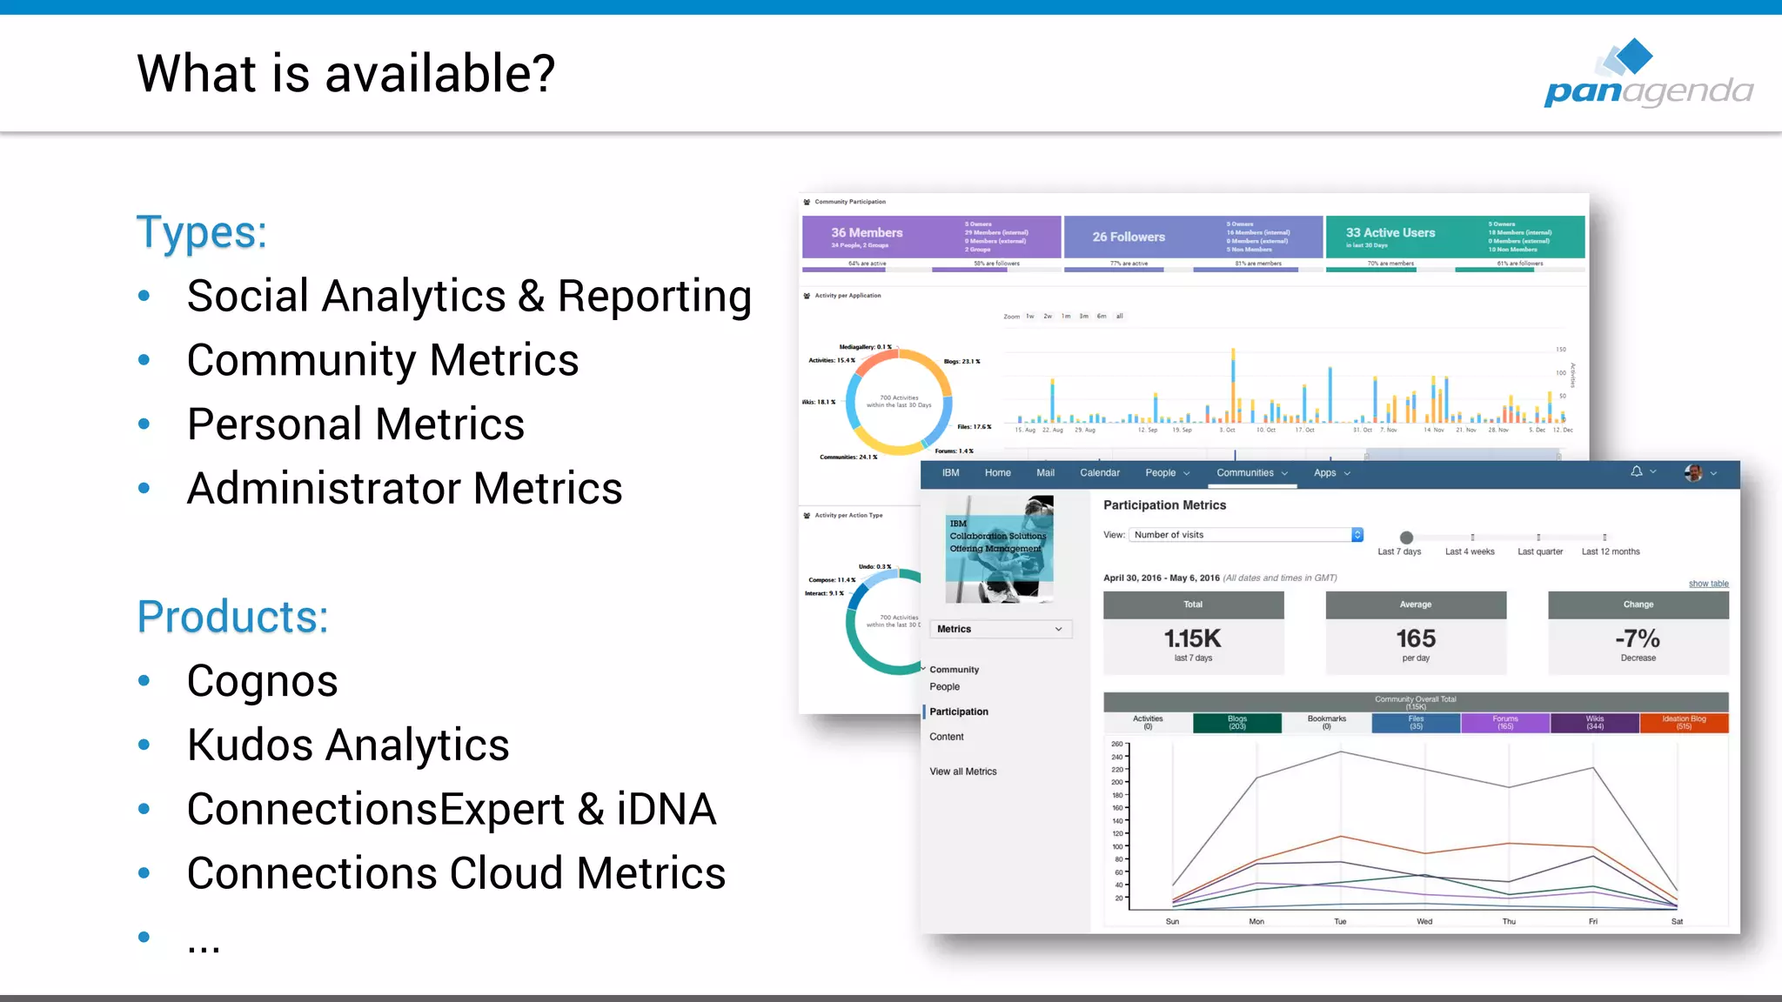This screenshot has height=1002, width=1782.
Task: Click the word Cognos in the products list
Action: pyautogui.click(x=262, y=681)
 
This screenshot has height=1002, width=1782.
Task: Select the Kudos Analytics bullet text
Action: pyautogui.click(x=348, y=745)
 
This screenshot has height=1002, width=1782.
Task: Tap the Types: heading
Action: pyautogui.click(x=202, y=233)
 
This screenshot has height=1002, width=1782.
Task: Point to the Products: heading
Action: pyautogui.click(x=233, y=618)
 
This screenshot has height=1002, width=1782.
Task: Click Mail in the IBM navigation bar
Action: pyautogui.click(x=1045, y=473)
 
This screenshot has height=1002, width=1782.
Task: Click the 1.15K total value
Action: pyautogui.click(x=1193, y=639)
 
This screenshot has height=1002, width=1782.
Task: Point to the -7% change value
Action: pyautogui.click(x=1638, y=639)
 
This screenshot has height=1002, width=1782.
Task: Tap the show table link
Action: pyautogui.click(x=1708, y=584)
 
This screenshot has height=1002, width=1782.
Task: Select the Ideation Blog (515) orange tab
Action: pyautogui.click(x=1684, y=723)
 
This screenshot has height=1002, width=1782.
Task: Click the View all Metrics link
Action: pyautogui.click(x=963, y=772)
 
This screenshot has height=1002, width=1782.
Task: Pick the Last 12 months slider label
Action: pyautogui.click(x=1611, y=551)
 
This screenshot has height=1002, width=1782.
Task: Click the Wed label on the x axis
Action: pyautogui.click(x=1424, y=921)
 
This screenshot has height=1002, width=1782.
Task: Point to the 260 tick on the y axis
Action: pyautogui.click(x=1117, y=745)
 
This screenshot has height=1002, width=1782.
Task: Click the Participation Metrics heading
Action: pyautogui.click(x=1164, y=505)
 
